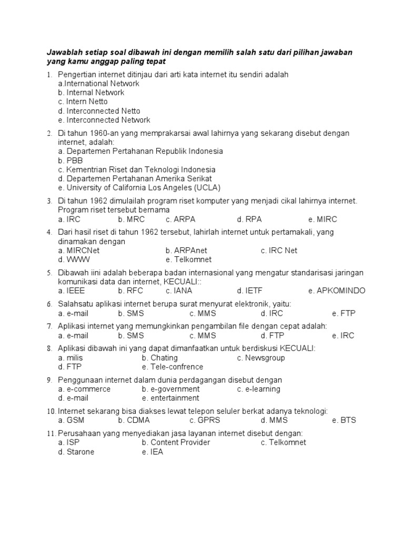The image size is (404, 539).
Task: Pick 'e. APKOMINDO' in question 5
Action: coord(337,291)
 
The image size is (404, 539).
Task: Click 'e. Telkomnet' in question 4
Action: coord(188,259)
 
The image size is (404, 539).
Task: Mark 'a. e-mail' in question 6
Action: coord(73,313)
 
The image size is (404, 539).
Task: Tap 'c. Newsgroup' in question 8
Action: coord(261,358)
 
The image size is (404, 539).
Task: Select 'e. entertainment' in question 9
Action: coord(170,398)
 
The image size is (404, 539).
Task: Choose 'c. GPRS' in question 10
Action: coord(205,420)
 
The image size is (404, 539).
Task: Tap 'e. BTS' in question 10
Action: coord(344,420)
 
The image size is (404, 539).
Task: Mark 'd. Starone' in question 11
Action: coord(76,452)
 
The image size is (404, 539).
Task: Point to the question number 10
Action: coord(51,411)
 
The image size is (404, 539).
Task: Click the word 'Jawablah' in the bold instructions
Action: coord(64,53)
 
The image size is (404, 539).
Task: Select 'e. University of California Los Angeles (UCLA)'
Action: coord(139,187)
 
